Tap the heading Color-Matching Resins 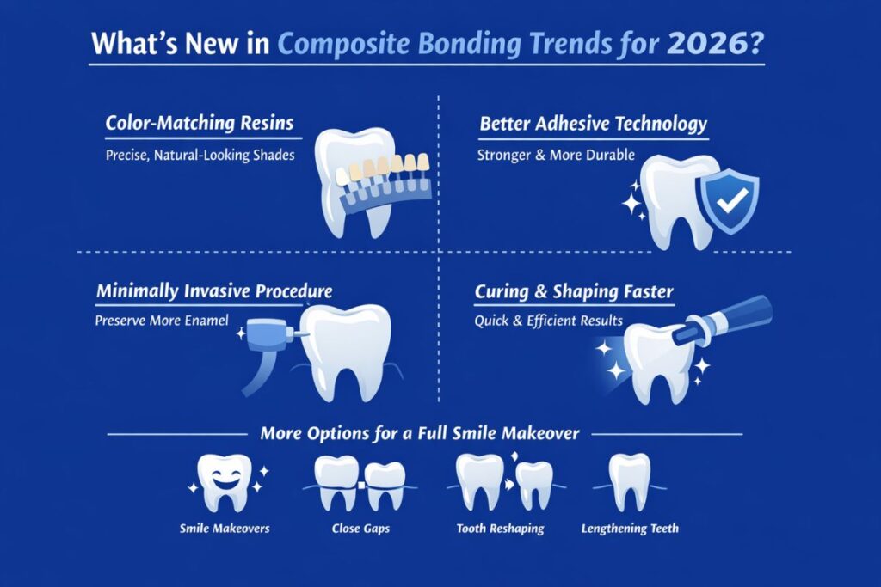(x=202, y=124)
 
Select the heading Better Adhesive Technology (x=593, y=124)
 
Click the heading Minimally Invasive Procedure (x=214, y=292)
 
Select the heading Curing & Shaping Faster (x=574, y=292)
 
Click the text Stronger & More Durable (x=556, y=156)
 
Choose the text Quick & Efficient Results (x=549, y=322)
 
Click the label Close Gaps (x=360, y=529)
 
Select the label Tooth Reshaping (x=500, y=529)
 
